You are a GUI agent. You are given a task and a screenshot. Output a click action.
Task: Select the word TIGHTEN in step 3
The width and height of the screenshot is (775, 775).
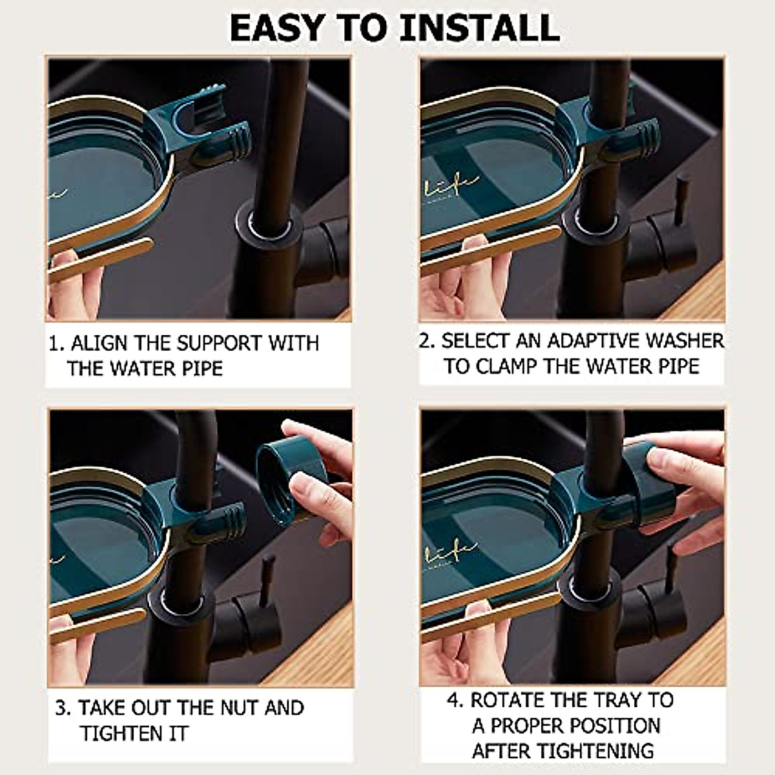coord(121,733)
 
